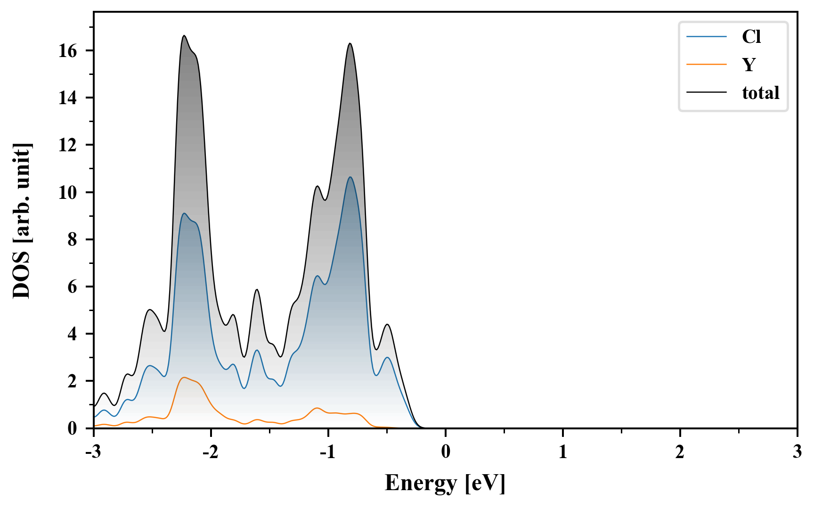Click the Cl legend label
(751, 37)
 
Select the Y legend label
(749, 65)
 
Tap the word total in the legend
(761, 93)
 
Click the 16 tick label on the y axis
(68, 51)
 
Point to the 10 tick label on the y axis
(68, 192)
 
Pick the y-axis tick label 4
(72, 334)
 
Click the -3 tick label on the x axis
(94, 452)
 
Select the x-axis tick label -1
(327, 452)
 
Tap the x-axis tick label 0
(446, 452)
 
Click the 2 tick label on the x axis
(680, 452)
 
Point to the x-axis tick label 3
(797, 452)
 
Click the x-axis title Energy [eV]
(445, 483)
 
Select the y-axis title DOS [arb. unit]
(22, 221)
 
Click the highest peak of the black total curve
(184, 36)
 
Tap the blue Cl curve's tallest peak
(350, 177)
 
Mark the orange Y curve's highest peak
(184, 378)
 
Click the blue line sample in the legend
(706, 37)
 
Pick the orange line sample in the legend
(706, 65)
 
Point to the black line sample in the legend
(706, 93)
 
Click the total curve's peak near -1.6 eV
(257, 289)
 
